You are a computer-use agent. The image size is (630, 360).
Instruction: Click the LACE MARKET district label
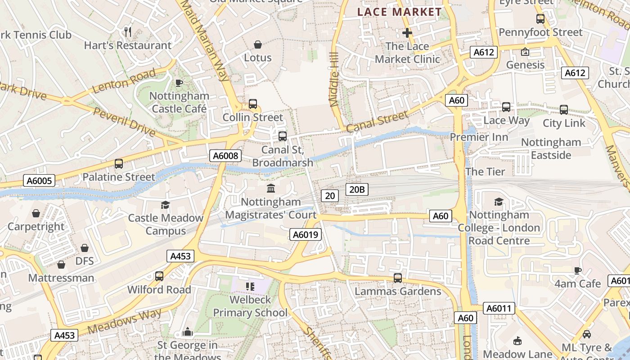(400, 12)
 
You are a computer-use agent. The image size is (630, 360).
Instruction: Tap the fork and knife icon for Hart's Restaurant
(128, 31)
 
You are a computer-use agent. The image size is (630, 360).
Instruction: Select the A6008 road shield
(225, 156)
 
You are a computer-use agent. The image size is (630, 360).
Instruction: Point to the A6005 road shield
(39, 181)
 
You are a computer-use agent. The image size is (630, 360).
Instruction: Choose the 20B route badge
(357, 189)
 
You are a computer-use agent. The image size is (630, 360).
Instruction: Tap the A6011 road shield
(499, 308)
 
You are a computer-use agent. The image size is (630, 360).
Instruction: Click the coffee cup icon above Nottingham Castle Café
(179, 83)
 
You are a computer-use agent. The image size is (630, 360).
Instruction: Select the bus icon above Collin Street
(253, 104)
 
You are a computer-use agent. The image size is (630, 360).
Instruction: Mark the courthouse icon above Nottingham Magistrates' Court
(271, 188)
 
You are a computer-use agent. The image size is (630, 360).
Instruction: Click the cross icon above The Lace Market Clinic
(407, 33)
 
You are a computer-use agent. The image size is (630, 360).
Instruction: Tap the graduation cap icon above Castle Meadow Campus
(165, 205)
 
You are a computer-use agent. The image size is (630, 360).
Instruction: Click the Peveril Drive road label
(125, 122)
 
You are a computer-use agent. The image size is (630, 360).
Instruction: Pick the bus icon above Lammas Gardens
(398, 278)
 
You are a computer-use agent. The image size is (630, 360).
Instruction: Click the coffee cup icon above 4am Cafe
(578, 270)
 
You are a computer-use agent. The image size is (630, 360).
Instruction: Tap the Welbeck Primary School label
(250, 306)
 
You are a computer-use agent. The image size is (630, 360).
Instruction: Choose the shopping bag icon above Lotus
(258, 45)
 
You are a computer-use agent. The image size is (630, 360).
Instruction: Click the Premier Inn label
(479, 137)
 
